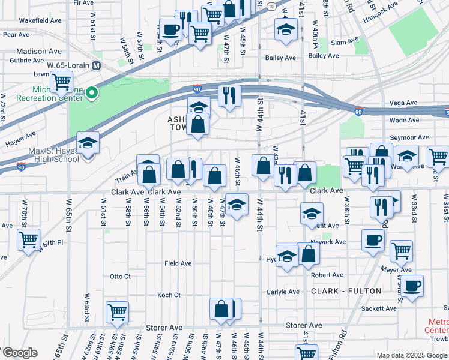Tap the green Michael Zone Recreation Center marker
(92, 92)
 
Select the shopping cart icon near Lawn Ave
(61, 81)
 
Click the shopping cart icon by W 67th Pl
(29, 239)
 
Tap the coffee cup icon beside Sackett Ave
(412, 286)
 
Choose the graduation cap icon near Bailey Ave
(286, 29)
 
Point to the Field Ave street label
(178, 263)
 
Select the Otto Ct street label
(120, 277)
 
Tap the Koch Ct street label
(169, 295)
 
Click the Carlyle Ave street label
(283, 292)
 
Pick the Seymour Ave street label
(409, 137)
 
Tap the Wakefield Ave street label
(40, 20)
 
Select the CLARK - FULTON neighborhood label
(346, 291)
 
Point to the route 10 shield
(272, 6)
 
